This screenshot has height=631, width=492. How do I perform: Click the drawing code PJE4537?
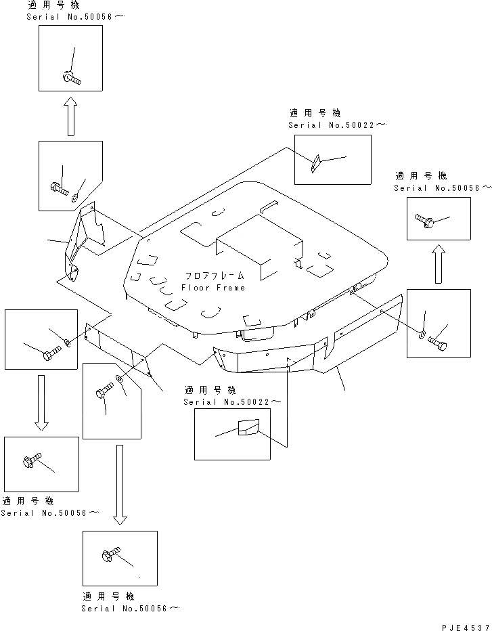tap(466, 627)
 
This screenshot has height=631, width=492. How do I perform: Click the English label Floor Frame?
tap(213, 287)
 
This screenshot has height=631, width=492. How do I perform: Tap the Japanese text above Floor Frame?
tap(215, 276)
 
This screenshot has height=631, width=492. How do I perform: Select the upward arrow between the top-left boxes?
tap(71, 116)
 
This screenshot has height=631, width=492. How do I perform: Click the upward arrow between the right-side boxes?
tap(439, 264)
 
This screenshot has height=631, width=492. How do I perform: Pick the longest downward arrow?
tap(120, 485)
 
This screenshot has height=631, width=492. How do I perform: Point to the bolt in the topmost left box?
tap(72, 78)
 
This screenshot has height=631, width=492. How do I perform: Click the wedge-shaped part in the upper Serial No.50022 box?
tap(315, 163)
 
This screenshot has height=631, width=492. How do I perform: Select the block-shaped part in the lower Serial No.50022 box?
tap(248, 427)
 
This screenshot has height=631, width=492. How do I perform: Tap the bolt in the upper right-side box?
tap(424, 220)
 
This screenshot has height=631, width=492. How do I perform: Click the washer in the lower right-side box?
tap(422, 334)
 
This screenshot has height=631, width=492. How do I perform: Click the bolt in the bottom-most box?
tap(111, 554)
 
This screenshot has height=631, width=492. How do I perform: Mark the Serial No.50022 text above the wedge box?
tap(337, 125)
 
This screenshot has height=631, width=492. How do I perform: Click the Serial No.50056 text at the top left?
tap(75, 16)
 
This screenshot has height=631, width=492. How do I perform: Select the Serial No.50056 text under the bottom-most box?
tap(131, 608)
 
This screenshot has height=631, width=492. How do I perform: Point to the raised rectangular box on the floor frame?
tap(259, 246)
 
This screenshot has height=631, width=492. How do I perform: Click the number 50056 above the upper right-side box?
tap(463, 188)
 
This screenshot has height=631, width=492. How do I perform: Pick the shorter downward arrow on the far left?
tap(41, 403)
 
